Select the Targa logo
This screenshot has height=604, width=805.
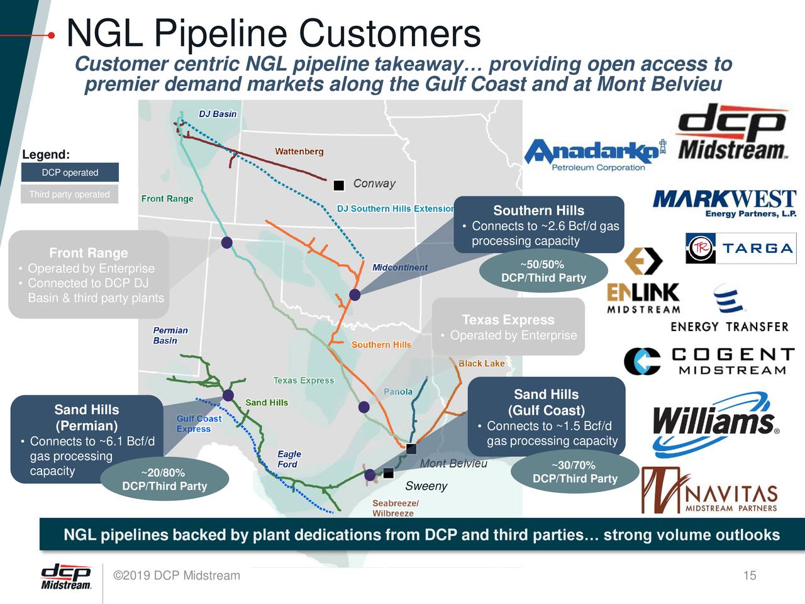click(x=741, y=248)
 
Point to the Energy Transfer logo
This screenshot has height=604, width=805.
click(x=730, y=310)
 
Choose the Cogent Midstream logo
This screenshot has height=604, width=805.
click(x=709, y=361)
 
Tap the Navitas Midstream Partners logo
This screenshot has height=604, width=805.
click(x=709, y=491)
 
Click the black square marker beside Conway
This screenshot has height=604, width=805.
click(x=338, y=185)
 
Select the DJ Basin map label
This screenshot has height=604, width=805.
click(x=218, y=114)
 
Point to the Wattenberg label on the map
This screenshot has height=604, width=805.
click(x=299, y=151)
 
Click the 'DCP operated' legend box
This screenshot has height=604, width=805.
click(x=70, y=172)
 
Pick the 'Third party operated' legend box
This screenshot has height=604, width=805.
click(x=70, y=194)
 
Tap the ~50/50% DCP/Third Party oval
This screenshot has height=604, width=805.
click(x=543, y=271)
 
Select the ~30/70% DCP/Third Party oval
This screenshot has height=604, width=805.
click(x=575, y=472)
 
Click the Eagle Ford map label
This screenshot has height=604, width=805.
click(x=288, y=459)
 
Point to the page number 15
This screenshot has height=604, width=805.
click(x=749, y=576)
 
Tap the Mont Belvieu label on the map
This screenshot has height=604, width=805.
click(x=453, y=464)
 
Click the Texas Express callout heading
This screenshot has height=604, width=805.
click(x=508, y=320)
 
